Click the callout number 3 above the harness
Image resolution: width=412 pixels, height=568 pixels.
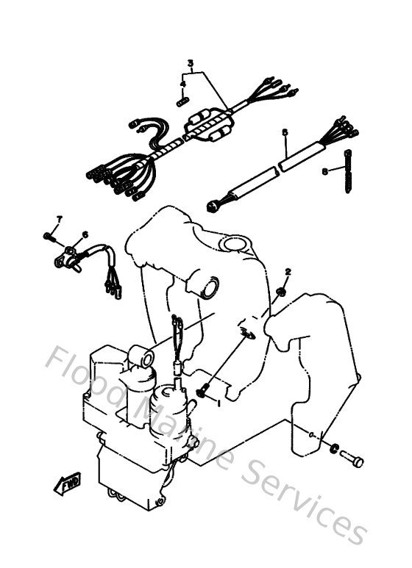(x=191, y=63)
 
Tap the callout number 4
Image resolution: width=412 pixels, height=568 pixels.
(x=183, y=84)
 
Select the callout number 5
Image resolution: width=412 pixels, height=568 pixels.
(x=285, y=132)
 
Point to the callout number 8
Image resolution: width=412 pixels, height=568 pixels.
(x=324, y=171)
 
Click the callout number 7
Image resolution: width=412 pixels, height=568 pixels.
(x=60, y=219)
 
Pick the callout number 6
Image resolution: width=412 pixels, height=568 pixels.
(x=85, y=234)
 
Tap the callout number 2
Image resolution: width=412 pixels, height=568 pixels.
(x=288, y=272)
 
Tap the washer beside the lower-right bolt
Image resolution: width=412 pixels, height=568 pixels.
(x=335, y=447)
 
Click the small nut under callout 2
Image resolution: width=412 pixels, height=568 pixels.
(x=282, y=293)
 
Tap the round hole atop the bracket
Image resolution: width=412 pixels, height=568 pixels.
(x=236, y=242)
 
